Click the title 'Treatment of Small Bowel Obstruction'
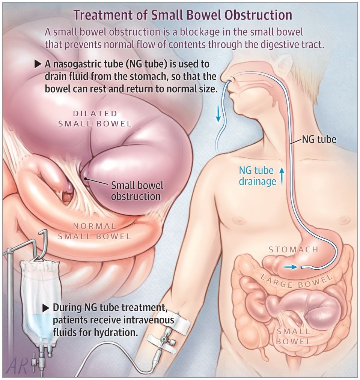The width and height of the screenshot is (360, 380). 183,15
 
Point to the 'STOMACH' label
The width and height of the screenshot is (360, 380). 293,249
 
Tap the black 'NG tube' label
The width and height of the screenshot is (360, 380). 319,140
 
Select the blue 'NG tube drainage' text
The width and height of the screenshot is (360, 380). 256,176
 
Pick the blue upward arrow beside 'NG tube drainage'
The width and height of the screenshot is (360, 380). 282,176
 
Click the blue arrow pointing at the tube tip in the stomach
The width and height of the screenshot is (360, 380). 289,267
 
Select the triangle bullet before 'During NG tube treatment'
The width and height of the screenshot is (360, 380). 46,308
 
